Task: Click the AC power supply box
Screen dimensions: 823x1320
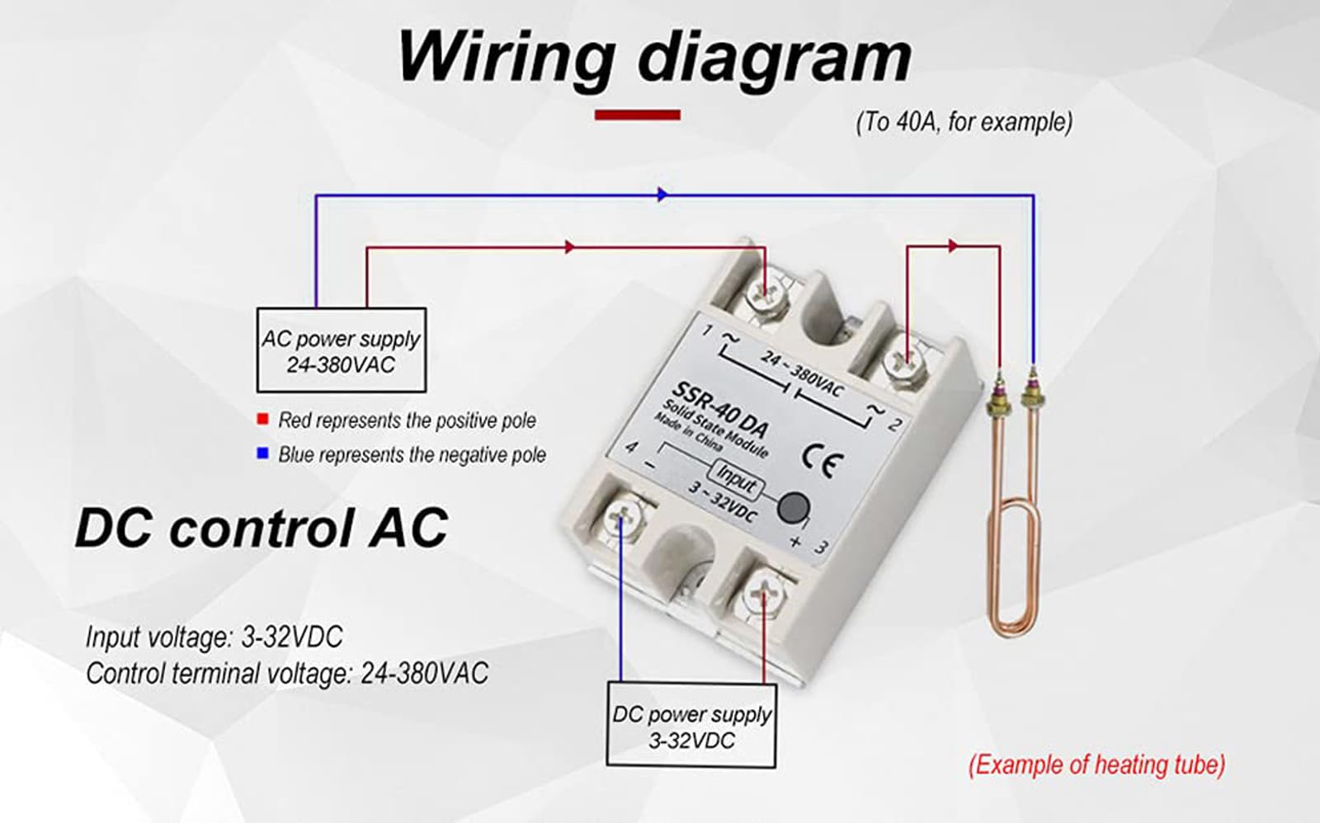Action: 341,350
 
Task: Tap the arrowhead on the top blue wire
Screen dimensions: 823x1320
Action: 662,195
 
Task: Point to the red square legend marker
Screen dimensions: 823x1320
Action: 263,419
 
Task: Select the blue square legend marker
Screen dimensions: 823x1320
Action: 263,454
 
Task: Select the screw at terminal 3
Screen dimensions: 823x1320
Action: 765,592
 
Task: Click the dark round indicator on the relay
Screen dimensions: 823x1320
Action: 793,507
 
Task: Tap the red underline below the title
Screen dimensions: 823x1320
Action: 637,115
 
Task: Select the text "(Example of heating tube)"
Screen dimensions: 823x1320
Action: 1096,764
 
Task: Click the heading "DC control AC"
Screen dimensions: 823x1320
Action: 262,528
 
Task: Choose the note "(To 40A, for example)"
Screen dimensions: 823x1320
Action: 964,122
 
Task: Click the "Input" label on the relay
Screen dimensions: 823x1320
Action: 734,477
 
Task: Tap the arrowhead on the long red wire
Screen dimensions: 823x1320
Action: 569,247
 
